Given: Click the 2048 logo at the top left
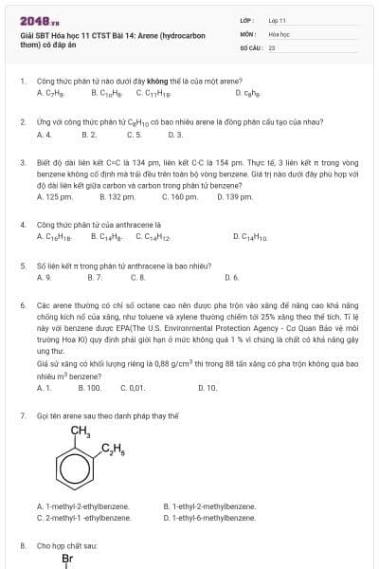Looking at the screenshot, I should click(35, 19).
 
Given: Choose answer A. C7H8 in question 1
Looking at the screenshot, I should click(50, 93).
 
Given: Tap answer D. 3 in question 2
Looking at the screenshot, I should click(174, 135).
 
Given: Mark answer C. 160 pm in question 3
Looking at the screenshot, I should click(180, 196).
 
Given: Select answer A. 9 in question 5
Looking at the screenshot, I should click(44, 278).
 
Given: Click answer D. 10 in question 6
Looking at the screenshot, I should click(208, 388).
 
